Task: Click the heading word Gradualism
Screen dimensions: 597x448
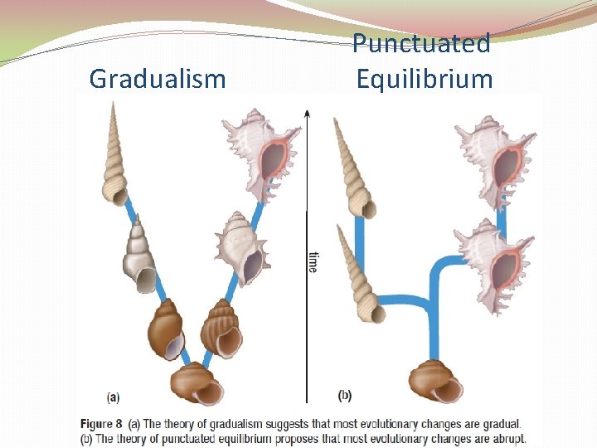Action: [x=158, y=79]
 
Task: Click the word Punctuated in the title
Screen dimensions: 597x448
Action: [x=421, y=43]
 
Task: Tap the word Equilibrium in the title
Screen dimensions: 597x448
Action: [x=425, y=79]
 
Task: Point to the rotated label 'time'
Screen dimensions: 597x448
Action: [x=313, y=262]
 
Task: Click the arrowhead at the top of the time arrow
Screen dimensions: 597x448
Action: [x=308, y=113]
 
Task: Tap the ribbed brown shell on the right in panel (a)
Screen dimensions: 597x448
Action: [x=221, y=329]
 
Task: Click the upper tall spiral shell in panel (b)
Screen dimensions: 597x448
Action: [x=353, y=171]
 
